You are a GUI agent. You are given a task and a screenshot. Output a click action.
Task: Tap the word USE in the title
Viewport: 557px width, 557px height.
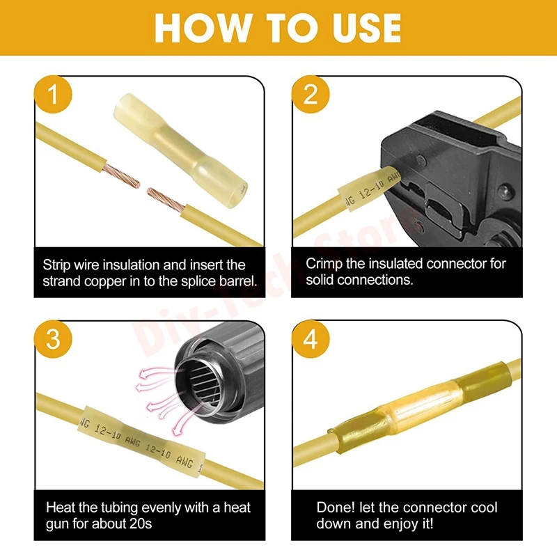click(x=366, y=28)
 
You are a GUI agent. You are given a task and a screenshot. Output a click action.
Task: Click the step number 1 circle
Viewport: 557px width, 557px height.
click(x=54, y=94)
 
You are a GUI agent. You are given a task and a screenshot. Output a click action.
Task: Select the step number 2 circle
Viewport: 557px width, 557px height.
click(x=311, y=94)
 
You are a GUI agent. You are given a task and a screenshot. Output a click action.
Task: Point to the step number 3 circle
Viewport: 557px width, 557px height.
click(x=54, y=339)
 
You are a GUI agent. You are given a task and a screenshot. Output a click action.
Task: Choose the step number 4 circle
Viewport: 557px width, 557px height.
click(x=311, y=339)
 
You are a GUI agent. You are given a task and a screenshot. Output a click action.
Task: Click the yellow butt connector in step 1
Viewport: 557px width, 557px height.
click(x=180, y=151)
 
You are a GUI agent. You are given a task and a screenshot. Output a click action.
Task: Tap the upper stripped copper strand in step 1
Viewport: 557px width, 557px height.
click(x=122, y=176)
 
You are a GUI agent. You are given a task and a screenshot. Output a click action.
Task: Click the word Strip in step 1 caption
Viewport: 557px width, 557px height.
click(x=56, y=265)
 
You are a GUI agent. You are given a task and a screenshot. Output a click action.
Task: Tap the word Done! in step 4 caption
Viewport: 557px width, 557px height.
click(x=336, y=508)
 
